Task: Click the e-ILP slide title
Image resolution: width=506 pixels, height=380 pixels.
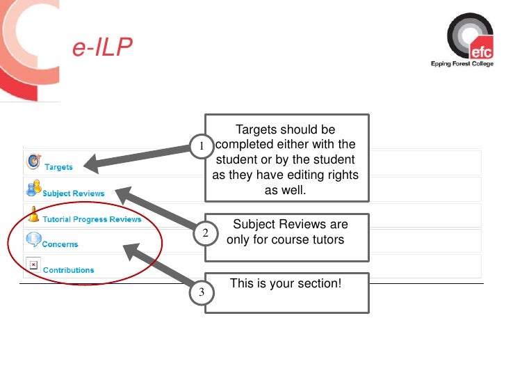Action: coord(102,48)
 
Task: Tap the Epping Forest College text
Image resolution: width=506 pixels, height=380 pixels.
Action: coord(462,64)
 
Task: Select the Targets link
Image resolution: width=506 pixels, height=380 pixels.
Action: coord(58,167)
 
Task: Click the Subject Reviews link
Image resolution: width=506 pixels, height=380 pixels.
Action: coord(73,193)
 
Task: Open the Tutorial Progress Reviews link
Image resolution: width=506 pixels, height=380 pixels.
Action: coord(92,219)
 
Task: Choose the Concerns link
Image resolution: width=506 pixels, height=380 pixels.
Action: coord(60,244)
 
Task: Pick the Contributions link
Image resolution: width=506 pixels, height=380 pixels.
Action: coord(68,269)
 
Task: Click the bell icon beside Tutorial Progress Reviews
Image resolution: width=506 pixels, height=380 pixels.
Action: coord(33,214)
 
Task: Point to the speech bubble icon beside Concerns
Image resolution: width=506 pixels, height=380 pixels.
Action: coord(33,240)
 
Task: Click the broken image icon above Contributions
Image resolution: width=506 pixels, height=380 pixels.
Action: coord(32,263)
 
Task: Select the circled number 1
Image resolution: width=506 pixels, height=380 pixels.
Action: coord(200,146)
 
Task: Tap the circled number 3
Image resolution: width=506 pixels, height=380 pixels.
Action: coord(201,293)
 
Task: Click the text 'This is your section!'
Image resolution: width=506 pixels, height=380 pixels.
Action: coord(286,284)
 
